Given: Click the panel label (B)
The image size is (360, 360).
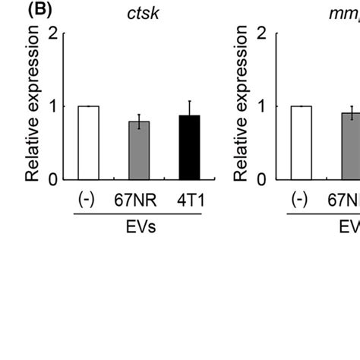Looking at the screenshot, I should click(16, 11).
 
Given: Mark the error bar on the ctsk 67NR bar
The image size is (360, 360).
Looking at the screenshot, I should click(138, 121).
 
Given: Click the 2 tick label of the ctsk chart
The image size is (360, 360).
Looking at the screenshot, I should click(53, 34).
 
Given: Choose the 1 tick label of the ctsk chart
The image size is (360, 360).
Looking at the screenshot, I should click(53, 107).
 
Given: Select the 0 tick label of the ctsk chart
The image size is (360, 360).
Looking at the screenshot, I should click(53, 180).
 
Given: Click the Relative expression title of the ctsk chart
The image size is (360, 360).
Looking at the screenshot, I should click(33, 107).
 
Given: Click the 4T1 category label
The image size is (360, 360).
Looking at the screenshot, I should click(188, 200).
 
